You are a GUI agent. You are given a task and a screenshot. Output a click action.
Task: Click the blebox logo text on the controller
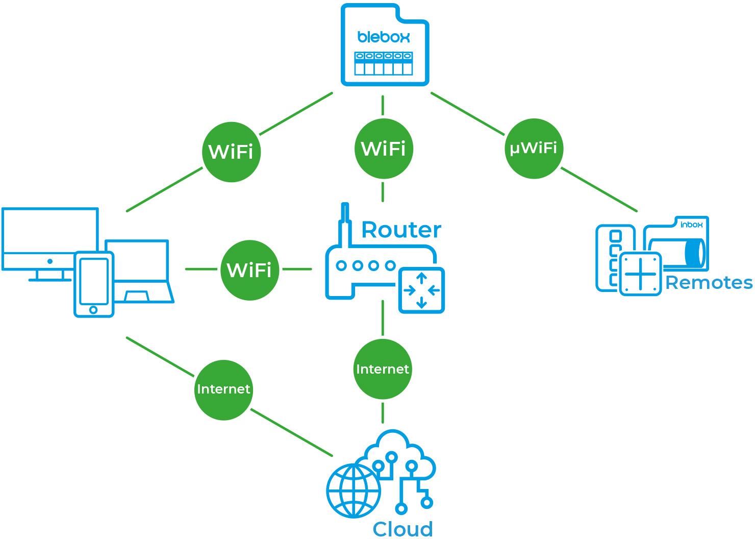click(x=384, y=37)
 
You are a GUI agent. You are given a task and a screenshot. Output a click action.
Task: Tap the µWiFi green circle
click(x=534, y=149)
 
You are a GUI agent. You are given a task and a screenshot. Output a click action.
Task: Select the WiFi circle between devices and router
click(x=249, y=270)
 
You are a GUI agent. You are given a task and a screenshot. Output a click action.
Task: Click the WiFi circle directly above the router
click(x=383, y=149)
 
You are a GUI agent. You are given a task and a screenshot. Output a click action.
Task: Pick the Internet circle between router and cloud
click(x=383, y=369)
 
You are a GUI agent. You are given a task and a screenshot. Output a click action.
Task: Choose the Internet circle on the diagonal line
click(x=223, y=389)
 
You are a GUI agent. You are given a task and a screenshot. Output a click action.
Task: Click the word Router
click(x=401, y=230)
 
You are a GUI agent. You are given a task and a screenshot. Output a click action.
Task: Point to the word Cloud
click(x=403, y=529)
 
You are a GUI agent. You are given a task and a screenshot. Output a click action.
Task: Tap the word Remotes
click(x=709, y=282)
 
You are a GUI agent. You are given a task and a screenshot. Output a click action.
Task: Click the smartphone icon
click(x=94, y=284)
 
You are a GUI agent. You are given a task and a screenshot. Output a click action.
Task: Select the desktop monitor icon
click(x=49, y=240)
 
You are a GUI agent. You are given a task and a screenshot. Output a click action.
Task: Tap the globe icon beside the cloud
click(x=354, y=491)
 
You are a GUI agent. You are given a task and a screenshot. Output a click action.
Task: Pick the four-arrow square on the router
click(x=422, y=290)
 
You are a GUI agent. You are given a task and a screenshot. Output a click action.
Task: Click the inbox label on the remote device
click(x=691, y=224)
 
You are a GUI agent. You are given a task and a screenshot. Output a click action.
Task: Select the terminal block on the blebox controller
click(x=384, y=63)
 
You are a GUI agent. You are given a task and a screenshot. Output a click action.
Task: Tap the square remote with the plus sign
click(x=640, y=274)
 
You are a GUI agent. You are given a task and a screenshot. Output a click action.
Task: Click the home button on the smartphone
click(x=93, y=310)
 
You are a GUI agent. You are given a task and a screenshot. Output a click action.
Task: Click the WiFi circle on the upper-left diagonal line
click(x=231, y=152)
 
